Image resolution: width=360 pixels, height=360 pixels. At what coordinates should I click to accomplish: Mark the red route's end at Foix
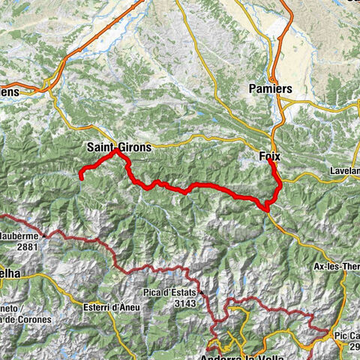pos(269,160)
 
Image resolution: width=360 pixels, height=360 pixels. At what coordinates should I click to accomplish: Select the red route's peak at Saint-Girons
pos(117,152)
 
